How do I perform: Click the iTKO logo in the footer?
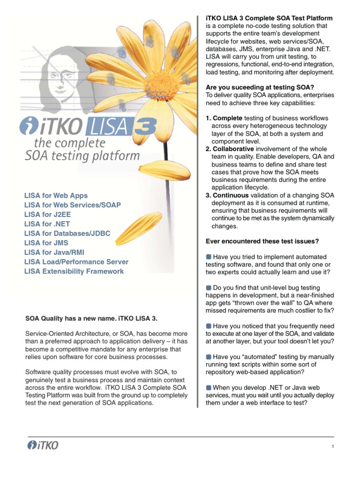43,445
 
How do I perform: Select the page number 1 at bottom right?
333,447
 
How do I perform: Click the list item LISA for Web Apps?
56,195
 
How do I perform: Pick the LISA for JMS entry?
46,242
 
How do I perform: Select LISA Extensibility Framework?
74,271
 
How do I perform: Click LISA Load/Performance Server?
76,262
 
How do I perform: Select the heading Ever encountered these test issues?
263,241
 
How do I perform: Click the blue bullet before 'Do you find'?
209,287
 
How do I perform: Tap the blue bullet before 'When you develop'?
209,387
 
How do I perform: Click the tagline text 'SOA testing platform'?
82,156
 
